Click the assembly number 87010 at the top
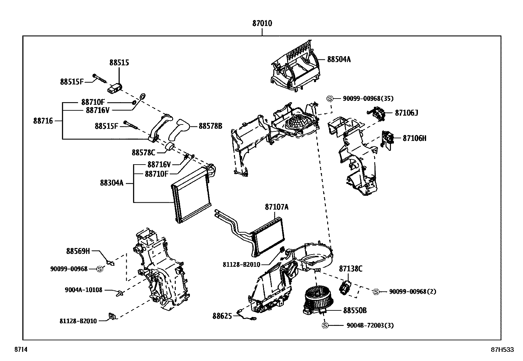tap(262, 23)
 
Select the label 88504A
tap(339, 59)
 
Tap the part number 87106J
tap(406, 113)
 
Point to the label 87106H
tap(415, 138)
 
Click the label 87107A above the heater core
tap(277, 207)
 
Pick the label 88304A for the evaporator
tap(112, 183)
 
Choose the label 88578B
tap(210, 126)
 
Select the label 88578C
tap(143, 152)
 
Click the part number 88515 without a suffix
tap(119, 62)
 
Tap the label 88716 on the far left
tap(43, 121)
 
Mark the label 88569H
tap(78, 251)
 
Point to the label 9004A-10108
tap(83, 290)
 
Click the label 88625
tap(222, 316)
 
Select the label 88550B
tap(355, 310)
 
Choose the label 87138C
tap(351, 269)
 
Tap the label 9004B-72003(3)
tap(370, 326)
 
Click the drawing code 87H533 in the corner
tap(502, 350)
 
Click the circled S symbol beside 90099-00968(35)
tap(330, 99)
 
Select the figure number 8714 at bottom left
tap(20, 350)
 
